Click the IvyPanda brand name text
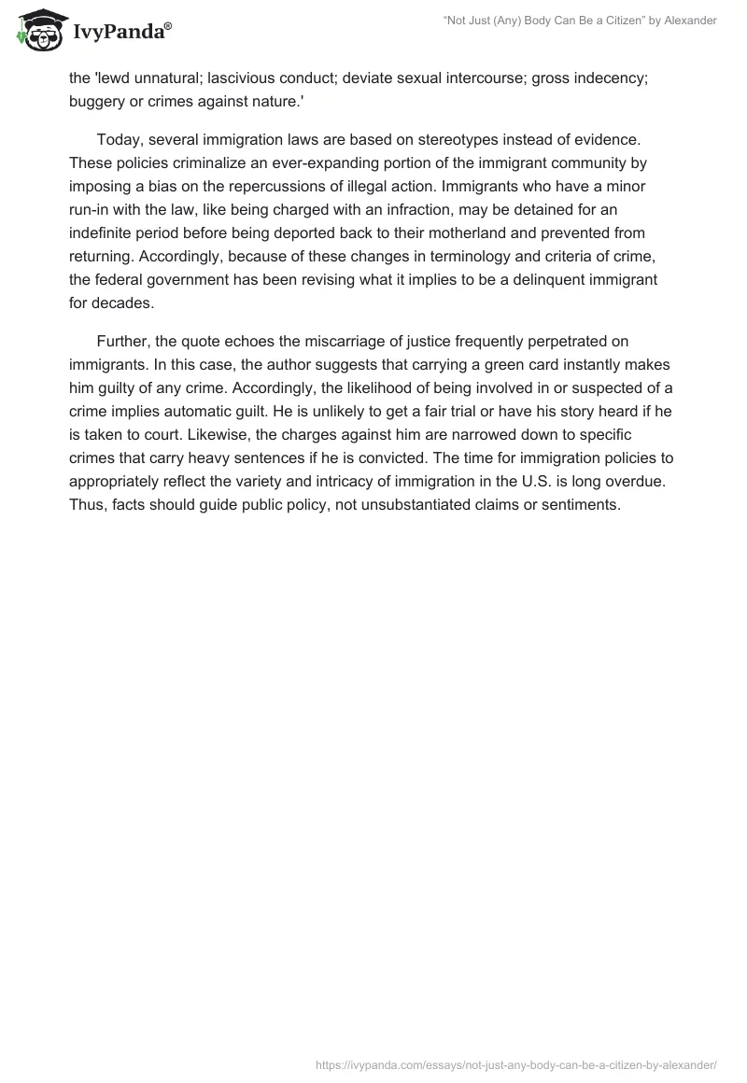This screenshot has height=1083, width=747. (x=121, y=31)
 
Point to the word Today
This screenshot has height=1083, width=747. (x=119, y=140)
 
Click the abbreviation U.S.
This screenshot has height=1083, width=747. (x=534, y=482)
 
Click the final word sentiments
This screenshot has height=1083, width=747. (x=582, y=505)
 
